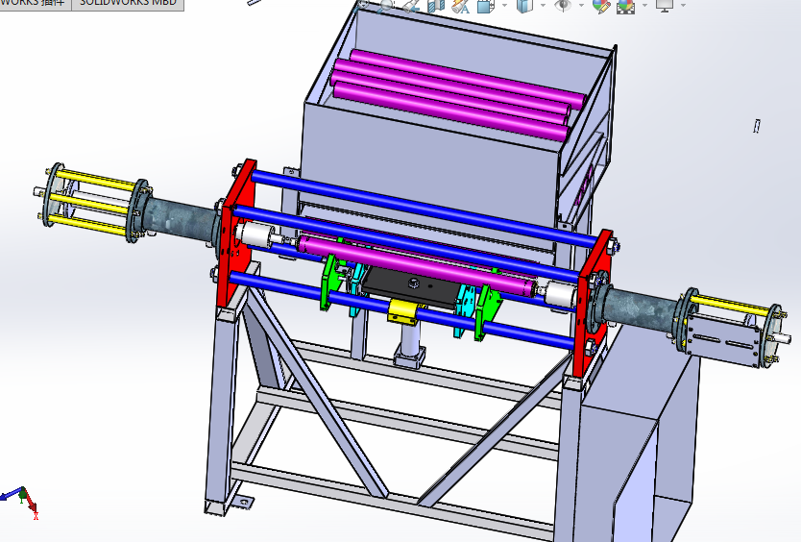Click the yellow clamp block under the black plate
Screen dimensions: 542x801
(x=405, y=312)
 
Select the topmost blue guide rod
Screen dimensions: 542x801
(x=413, y=196)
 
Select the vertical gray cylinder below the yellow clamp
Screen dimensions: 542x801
(x=409, y=342)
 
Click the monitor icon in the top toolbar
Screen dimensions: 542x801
(x=664, y=6)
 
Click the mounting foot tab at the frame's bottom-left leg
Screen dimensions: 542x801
(x=242, y=501)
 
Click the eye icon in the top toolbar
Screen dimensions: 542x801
(x=563, y=6)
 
